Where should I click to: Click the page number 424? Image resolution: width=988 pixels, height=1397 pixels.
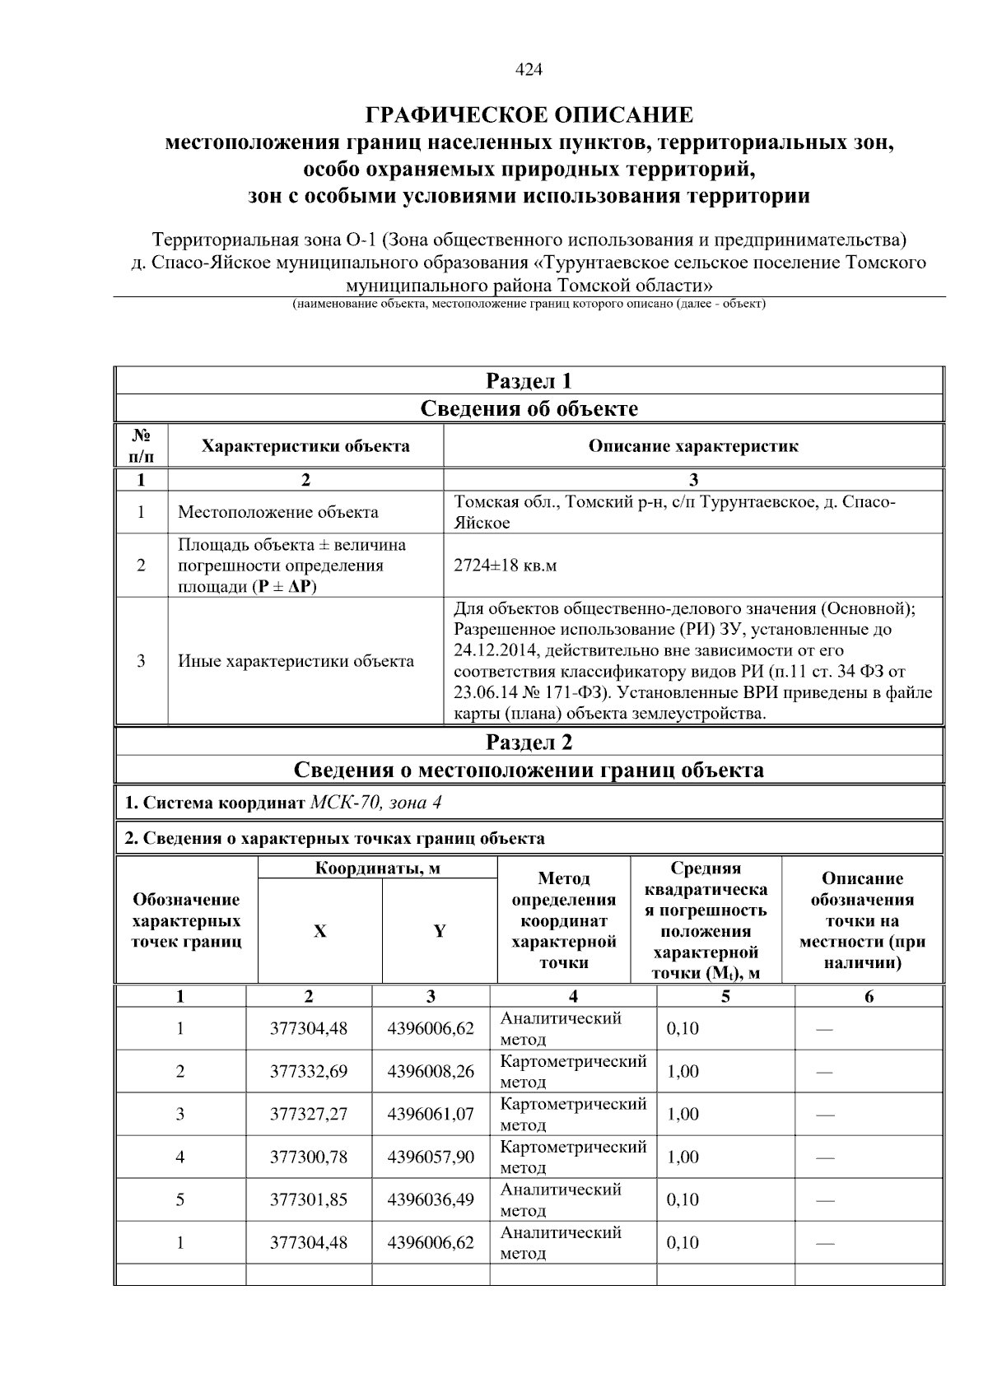tap(529, 70)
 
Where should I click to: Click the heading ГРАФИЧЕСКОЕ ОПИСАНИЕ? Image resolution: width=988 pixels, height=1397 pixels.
tap(529, 114)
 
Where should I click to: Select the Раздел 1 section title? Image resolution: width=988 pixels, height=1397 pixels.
tap(529, 381)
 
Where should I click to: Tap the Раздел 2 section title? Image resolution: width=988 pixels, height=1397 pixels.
tap(529, 743)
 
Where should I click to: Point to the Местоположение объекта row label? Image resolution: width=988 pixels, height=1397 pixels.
tap(278, 512)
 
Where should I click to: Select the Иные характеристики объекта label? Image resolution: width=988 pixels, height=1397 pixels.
tap(296, 661)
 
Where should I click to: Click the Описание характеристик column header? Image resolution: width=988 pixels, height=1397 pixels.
tap(692, 446)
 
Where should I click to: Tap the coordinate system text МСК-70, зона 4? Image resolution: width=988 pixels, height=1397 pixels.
tap(378, 803)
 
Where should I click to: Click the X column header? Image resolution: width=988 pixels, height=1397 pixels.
tap(319, 931)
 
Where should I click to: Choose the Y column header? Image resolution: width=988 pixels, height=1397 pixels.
tap(440, 931)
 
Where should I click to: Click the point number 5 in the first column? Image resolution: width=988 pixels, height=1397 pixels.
tap(179, 1199)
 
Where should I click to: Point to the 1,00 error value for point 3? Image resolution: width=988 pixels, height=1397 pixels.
tap(683, 1114)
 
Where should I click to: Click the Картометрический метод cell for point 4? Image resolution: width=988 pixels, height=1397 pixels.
tap(573, 1157)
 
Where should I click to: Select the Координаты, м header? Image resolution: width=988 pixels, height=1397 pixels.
tap(378, 868)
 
